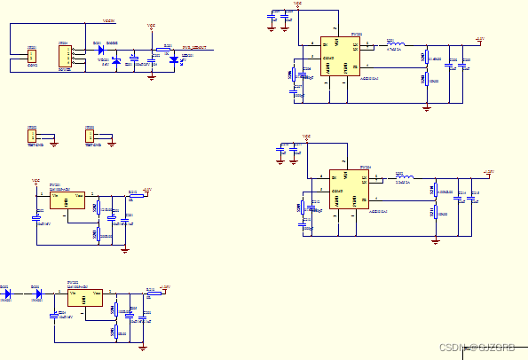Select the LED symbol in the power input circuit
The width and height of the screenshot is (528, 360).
[174, 59]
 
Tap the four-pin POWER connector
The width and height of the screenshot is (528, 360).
[65, 56]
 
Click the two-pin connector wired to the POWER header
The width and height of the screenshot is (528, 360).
[33, 59]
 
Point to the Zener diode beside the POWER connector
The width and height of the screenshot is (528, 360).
[116, 60]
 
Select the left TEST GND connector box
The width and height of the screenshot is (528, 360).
[32, 136]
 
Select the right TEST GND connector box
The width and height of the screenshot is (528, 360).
[89, 136]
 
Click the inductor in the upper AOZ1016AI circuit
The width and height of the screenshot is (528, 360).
[396, 43]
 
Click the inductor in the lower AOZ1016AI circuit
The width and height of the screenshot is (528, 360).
[404, 178]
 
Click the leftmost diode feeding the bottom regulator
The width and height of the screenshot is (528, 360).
[8, 292]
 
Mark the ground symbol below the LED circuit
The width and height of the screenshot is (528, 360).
[152, 77]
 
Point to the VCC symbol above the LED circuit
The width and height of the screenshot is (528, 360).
[151, 27]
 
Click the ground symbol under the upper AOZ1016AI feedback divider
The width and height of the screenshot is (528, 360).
[427, 108]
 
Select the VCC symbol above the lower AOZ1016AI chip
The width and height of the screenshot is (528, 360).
[306, 137]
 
